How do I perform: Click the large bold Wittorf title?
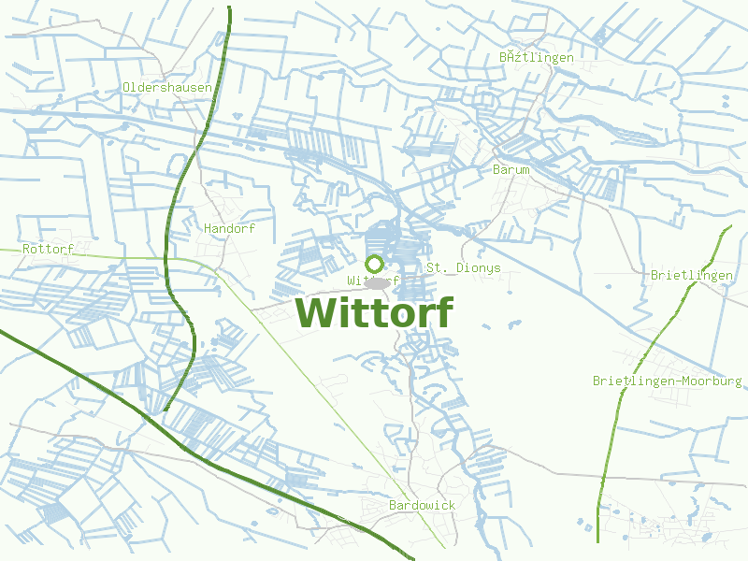click(374, 313)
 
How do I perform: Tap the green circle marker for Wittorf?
click(375, 265)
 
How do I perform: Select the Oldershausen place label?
click(167, 87)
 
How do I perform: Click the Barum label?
click(511, 169)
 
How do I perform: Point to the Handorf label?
click(229, 228)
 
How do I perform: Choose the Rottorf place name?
click(48, 250)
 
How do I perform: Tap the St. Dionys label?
click(464, 267)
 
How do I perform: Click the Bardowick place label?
click(422, 505)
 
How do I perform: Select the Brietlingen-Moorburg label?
click(668, 381)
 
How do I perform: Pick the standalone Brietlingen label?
click(692, 275)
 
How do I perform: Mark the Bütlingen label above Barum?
click(537, 57)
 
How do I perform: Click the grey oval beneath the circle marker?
click(376, 282)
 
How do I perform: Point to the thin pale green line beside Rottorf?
click(122, 254)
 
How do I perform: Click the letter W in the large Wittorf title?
click(315, 313)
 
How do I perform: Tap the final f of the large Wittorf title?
click(443, 311)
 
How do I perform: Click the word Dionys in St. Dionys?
click(478, 267)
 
